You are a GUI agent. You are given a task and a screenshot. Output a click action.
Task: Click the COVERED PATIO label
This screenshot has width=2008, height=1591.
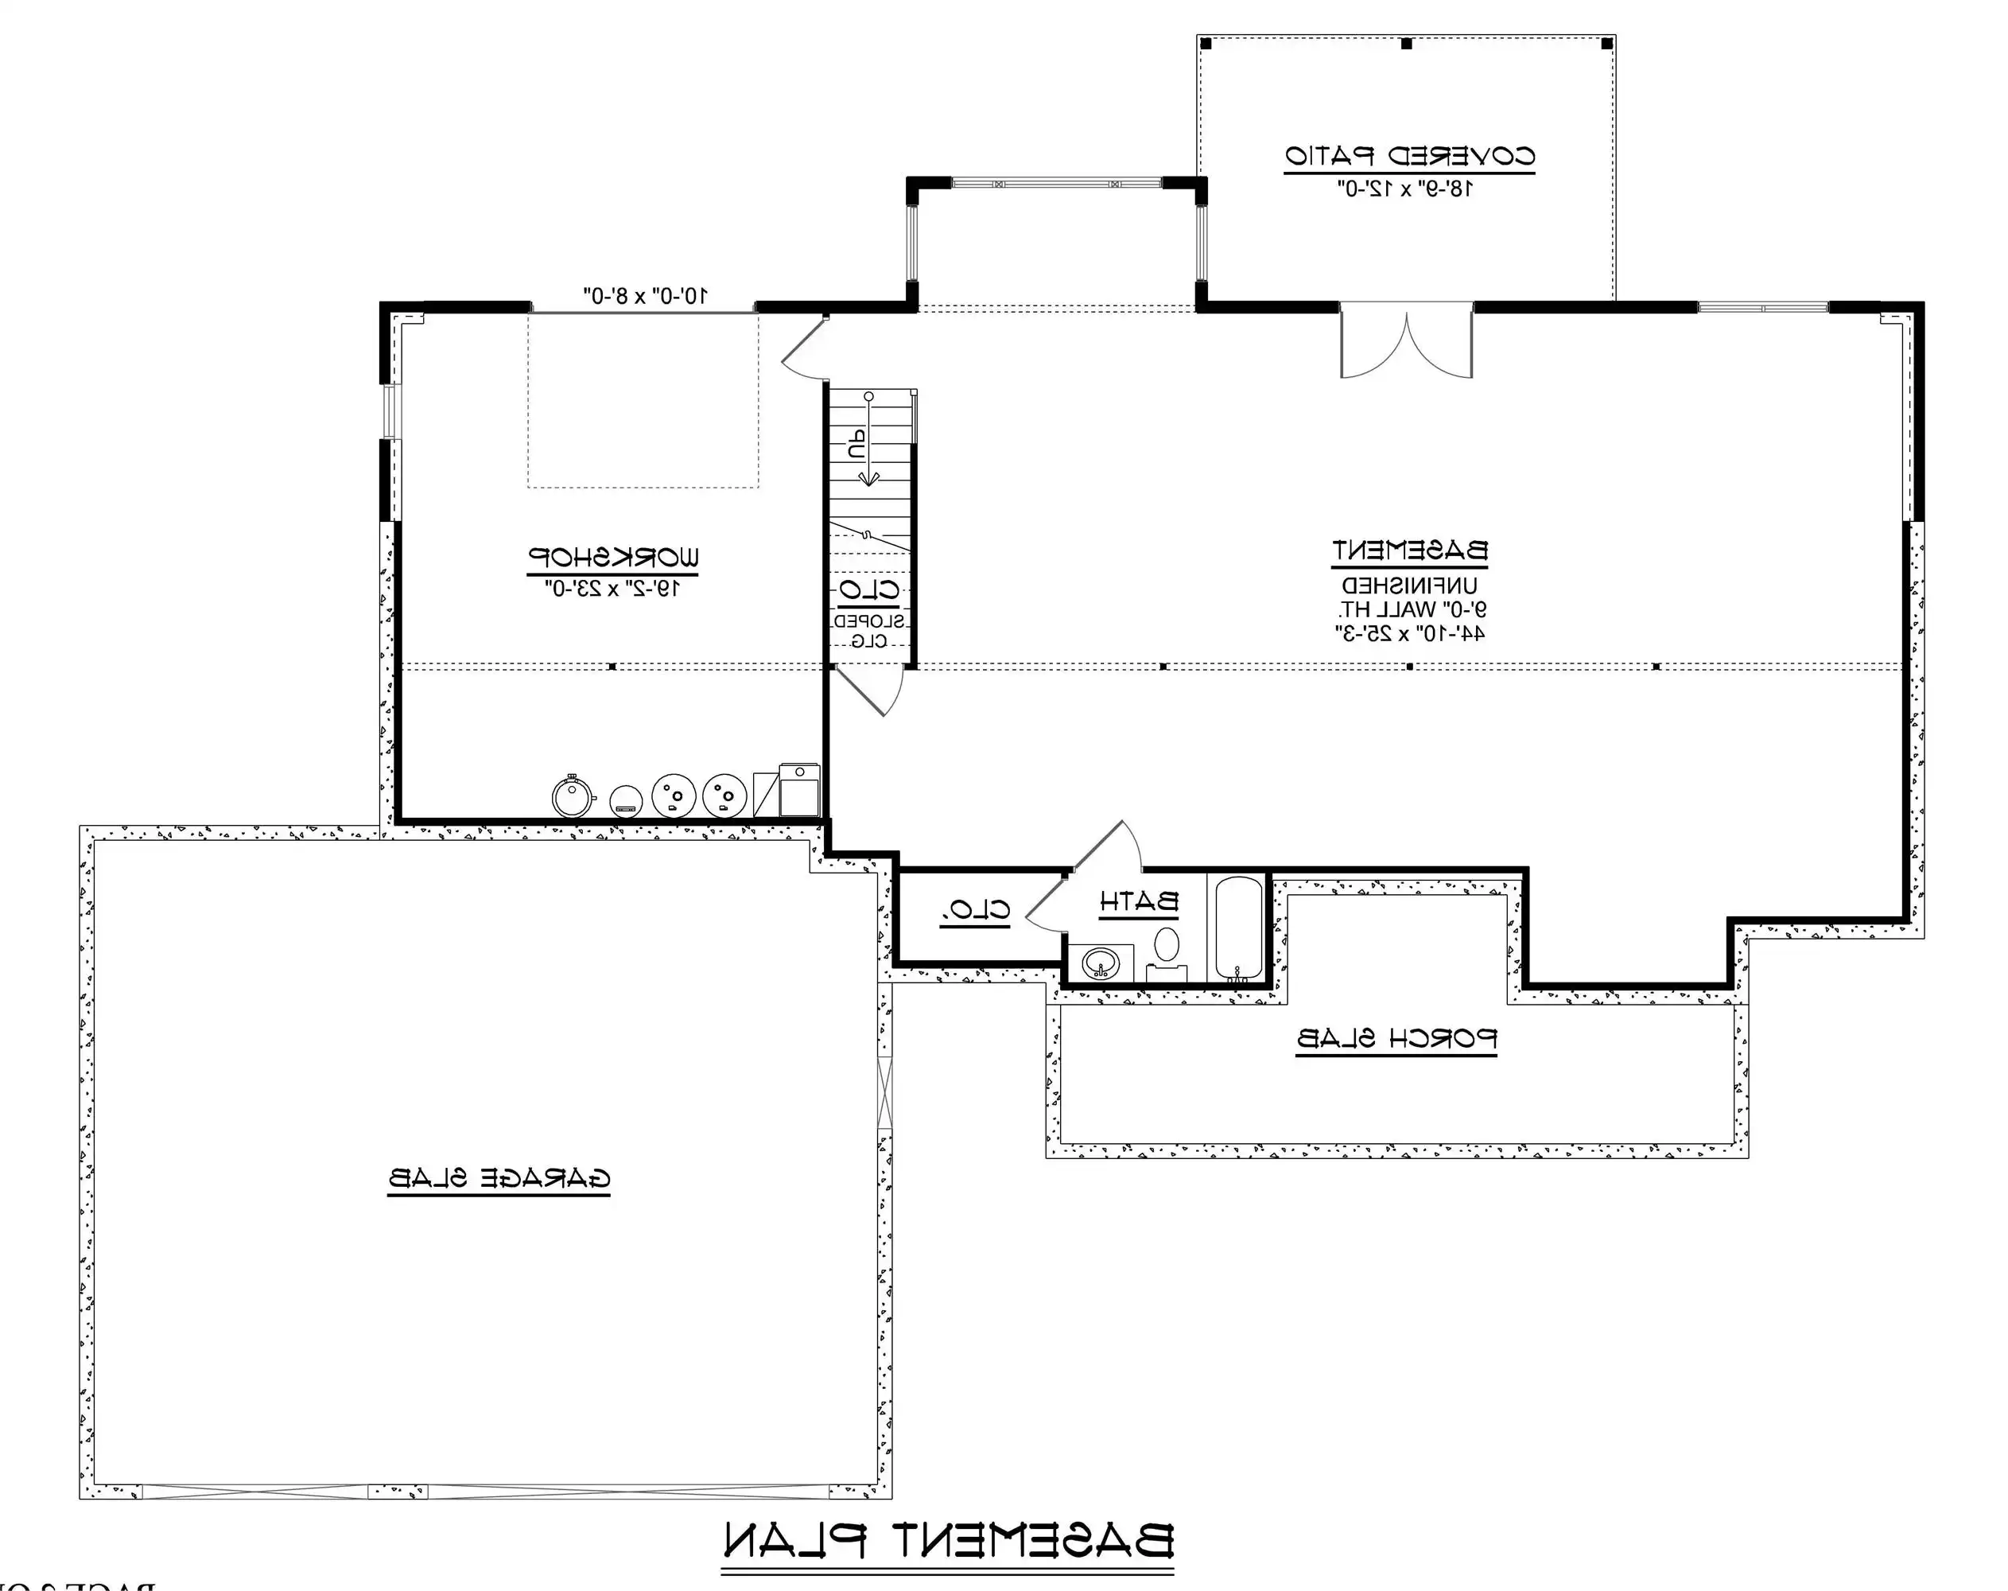[x=1409, y=156]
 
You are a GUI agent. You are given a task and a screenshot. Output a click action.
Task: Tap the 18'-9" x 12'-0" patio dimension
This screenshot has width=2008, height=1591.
[x=1406, y=189]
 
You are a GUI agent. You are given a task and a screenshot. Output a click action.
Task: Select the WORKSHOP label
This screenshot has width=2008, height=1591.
[x=614, y=557]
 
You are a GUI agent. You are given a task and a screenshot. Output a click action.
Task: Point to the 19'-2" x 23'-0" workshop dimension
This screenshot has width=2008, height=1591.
[x=614, y=588]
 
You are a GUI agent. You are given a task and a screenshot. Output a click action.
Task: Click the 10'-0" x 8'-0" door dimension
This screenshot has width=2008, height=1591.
[x=646, y=295]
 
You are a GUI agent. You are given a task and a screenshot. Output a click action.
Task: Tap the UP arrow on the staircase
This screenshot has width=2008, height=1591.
[x=866, y=442]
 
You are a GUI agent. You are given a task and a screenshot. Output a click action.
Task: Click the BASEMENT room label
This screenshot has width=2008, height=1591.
[x=1409, y=550]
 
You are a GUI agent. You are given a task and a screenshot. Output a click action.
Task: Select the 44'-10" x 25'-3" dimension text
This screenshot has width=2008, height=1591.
[x=1409, y=634]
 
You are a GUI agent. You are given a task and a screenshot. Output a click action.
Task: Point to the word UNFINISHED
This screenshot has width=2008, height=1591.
[x=1409, y=587]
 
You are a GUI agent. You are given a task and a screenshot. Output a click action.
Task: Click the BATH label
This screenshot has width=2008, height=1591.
[x=1138, y=901]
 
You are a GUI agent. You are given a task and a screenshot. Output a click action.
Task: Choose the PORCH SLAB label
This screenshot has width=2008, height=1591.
[x=1396, y=1039]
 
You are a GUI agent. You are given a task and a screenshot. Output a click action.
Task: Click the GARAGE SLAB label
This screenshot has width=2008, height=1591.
[x=499, y=1178]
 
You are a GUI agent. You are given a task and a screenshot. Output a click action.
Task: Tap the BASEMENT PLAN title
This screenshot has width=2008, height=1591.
[x=947, y=1542]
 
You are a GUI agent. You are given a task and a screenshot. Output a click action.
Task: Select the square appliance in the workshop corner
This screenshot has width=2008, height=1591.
[x=799, y=791]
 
